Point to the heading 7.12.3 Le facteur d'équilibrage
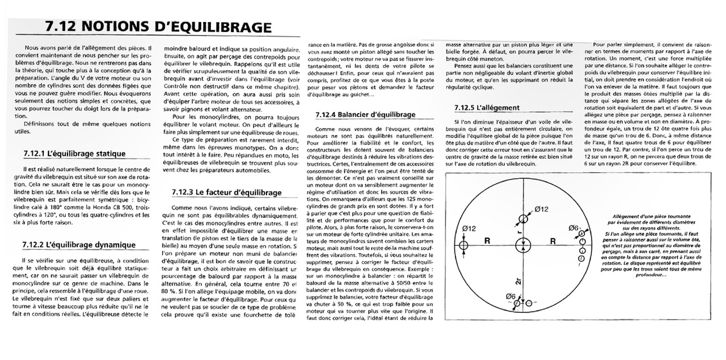coord(227,192)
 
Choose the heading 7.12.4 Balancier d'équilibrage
coord(366,115)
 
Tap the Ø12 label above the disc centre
coord(541,209)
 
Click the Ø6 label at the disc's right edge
coord(573,228)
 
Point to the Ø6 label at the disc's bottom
coord(511,296)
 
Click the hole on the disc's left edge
coord(463,245)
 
